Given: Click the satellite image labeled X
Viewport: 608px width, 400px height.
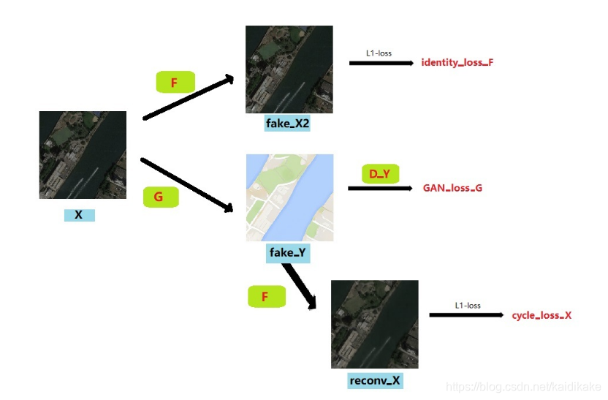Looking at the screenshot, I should click(x=83, y=155).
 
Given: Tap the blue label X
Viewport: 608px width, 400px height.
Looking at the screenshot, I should click(x=79, y=215).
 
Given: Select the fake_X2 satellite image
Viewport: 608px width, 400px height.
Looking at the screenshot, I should click(x=289, y=69).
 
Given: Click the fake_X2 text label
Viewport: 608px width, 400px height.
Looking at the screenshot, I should click(x=288, y=124).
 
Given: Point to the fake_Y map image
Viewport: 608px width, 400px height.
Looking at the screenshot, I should click(x=289, y=197).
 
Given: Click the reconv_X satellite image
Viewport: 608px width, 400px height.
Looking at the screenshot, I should click(x=374, y=324).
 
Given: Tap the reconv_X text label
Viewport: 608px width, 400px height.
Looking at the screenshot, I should click(x=375, y=380).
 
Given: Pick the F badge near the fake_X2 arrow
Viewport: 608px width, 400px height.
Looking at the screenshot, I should click(x=175, y=83).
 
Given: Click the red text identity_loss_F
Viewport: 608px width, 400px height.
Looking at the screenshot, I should click(x=457, y=63).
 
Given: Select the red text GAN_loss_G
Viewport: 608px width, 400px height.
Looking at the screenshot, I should click(x=452, y=188).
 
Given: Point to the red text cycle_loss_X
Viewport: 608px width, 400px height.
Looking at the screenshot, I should click(x=541, y=315).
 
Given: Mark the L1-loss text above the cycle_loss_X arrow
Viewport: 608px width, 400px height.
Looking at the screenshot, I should click(x=468, y=305).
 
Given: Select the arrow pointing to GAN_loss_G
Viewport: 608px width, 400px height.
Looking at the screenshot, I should click(x=380, y=189).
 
